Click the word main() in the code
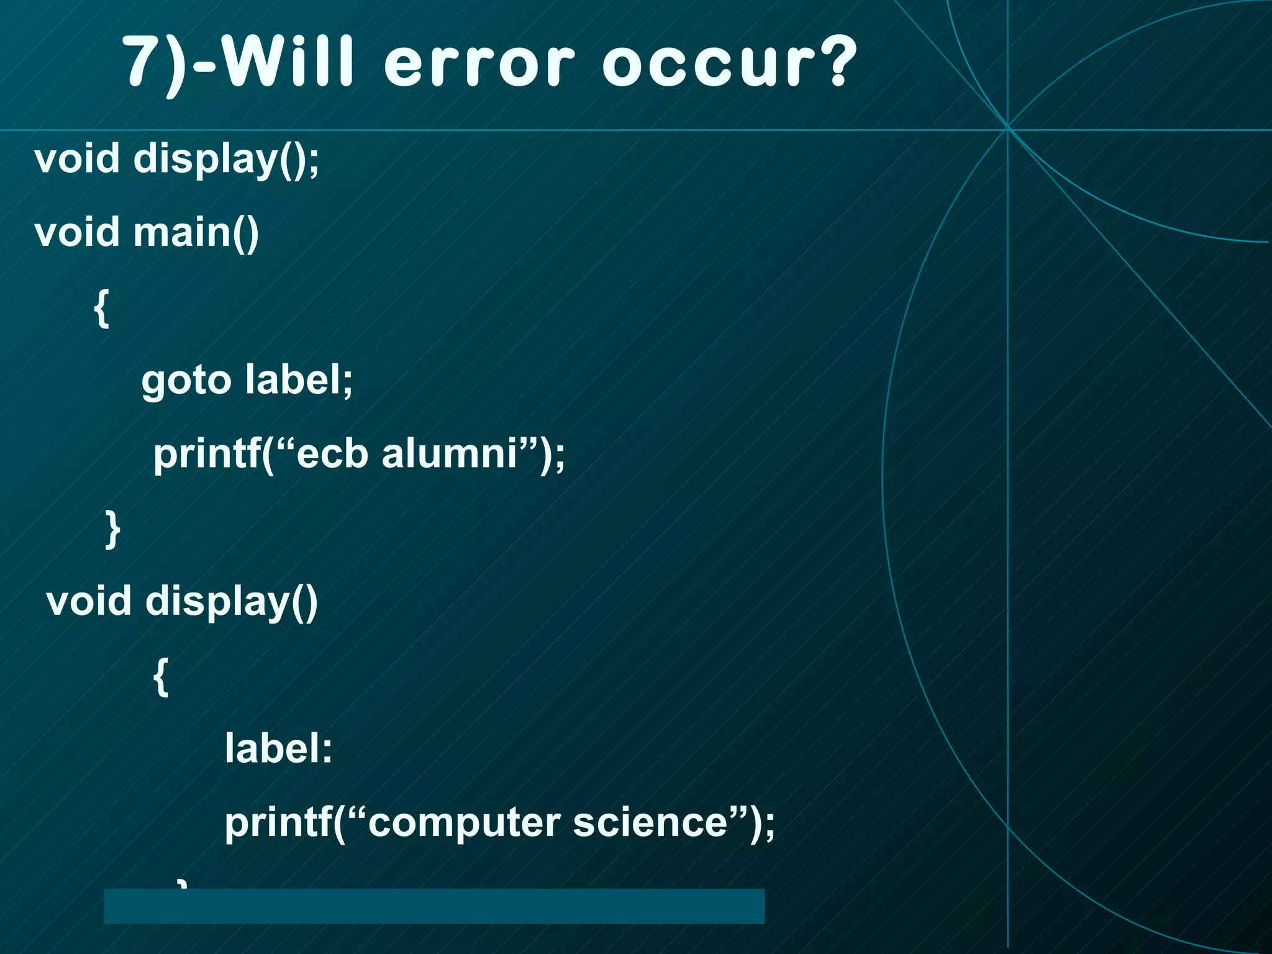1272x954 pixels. click(x=196, y=232)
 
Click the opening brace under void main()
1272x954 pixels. click(x=102, y=307)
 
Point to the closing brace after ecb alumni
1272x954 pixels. click(x=112, y=529)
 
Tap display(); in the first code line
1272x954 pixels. click(x=226, y=159)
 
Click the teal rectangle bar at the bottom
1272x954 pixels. click(x=434, y=906)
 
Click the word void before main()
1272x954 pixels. click(x=77, y=232)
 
